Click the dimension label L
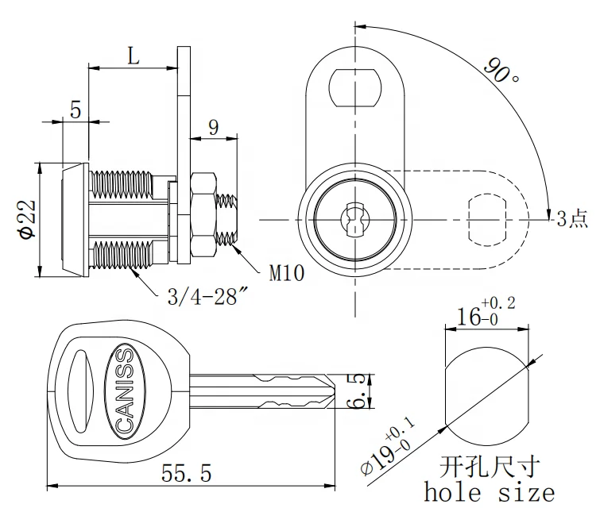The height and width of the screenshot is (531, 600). coord(132,56)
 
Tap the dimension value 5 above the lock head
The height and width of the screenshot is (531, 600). coord(75,110)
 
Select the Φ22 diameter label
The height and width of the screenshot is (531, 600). coord(25,219)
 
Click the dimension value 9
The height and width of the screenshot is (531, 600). coord(213,127)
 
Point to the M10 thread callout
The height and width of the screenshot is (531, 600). coord(287,275)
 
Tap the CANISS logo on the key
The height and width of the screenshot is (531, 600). coord(126,391)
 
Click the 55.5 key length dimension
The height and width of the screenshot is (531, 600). coord(186,475)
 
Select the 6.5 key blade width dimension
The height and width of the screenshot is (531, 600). coord(359,391)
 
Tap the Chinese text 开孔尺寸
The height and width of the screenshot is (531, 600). coord(488,465)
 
